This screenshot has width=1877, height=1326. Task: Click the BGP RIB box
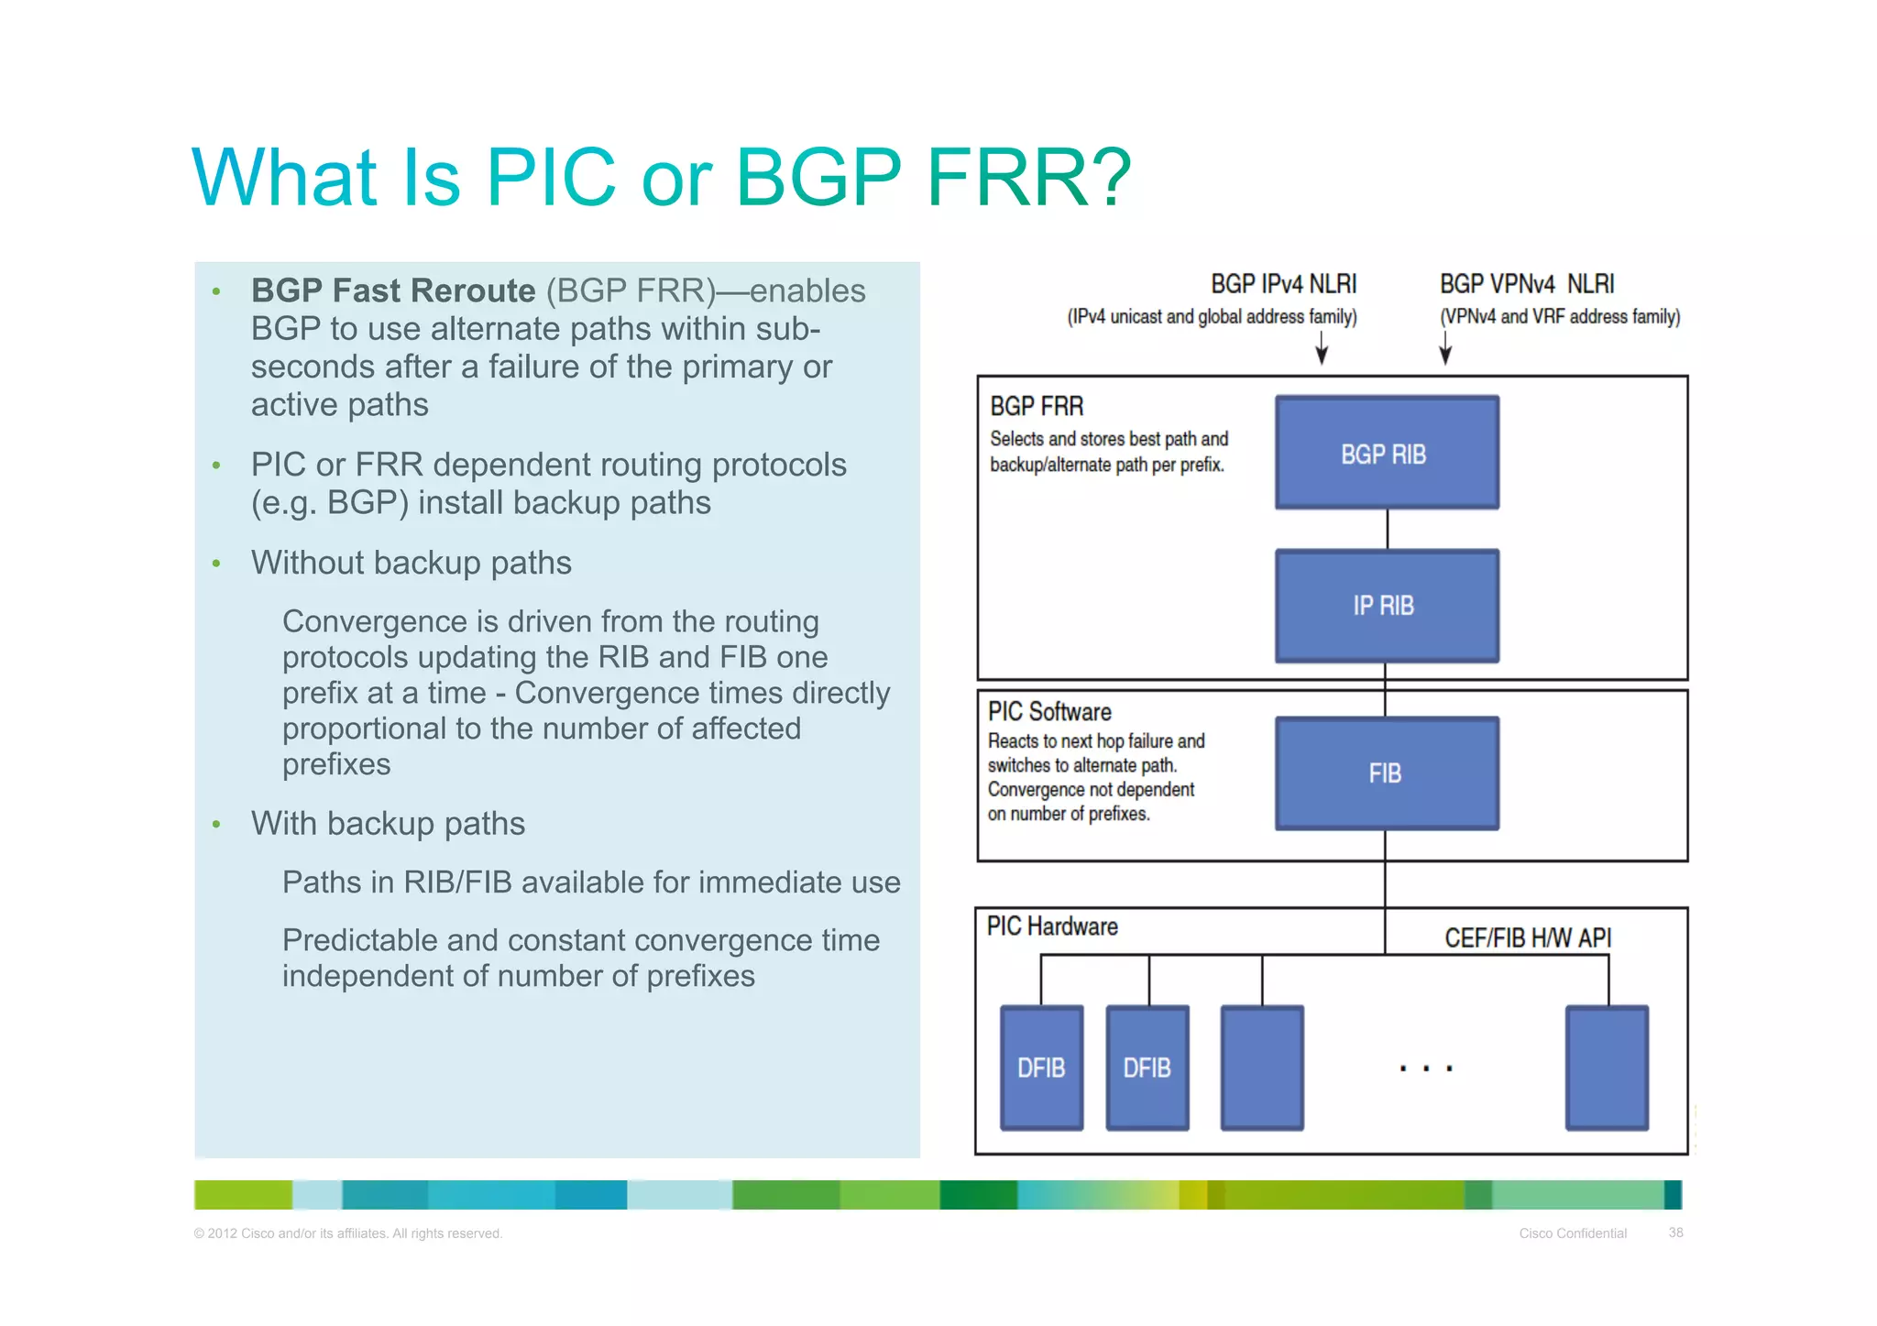click(1387, 453)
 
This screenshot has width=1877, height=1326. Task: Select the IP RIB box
click(1387, 606)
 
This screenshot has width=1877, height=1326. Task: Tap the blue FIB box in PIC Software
click(1387, 773)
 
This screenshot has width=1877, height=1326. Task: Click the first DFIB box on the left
click(1041, 1068)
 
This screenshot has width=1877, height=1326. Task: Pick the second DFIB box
click(1147, 1068)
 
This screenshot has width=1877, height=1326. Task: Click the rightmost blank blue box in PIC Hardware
click(1607, 1068)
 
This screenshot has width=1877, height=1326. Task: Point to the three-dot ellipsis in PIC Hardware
click(1426, 1068)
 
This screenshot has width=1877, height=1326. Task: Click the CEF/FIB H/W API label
click(1528, 938)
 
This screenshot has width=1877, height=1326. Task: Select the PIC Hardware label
click(1052, 926)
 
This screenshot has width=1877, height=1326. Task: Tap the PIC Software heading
click(1049, 712)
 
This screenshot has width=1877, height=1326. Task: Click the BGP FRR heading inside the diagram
click(1037, 406)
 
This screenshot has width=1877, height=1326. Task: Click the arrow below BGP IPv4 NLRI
click(1322, 349)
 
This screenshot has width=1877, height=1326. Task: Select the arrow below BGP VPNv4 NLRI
click(1445, 349)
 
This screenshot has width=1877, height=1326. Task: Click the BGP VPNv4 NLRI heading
click(1527, 284)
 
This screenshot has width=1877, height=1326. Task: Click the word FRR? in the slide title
click(1029, 177)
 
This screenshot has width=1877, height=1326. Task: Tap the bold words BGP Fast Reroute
click(393, 290)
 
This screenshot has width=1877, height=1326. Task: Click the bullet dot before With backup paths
click(216, 825)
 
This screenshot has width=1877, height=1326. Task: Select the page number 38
click(1675, 1233)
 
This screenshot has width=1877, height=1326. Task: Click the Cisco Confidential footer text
click(1573, 1233)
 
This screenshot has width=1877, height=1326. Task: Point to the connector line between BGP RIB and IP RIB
click(1388, 530)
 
